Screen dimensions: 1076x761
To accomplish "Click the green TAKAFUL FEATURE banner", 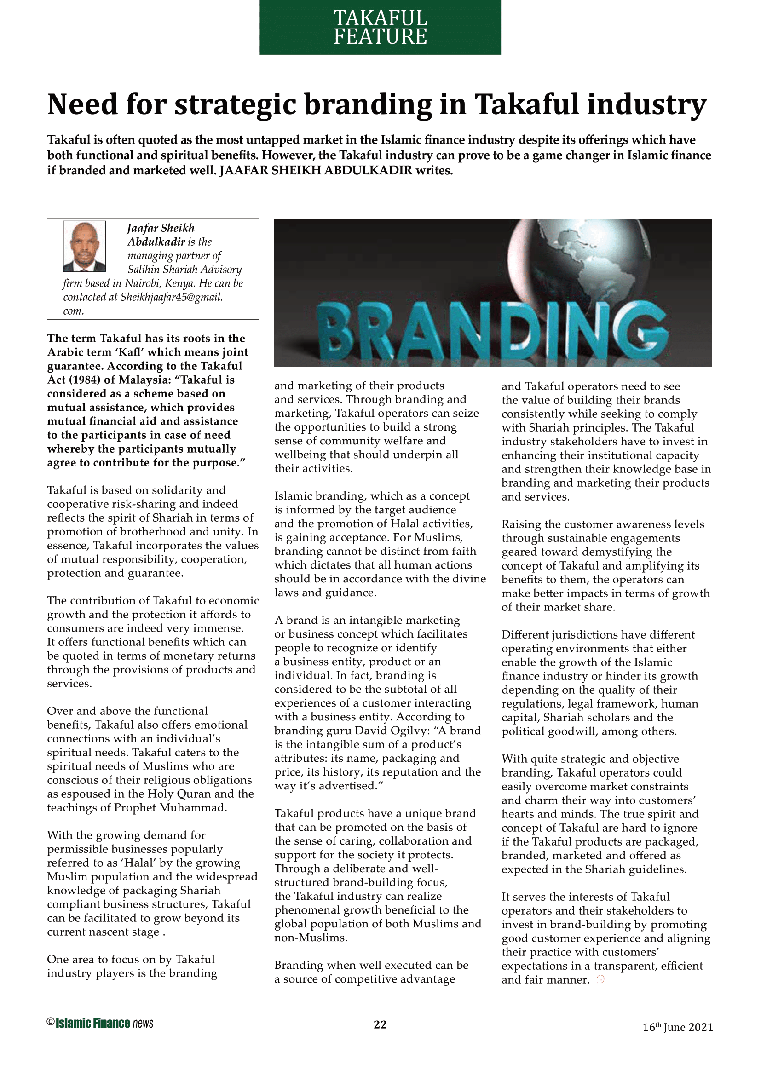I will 380,27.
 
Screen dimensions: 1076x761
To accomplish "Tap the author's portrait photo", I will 84,246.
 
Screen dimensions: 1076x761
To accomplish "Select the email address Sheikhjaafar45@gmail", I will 172,297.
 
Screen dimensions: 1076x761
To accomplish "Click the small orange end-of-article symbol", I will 600,979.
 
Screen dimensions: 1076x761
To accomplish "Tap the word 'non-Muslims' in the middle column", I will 310,937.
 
